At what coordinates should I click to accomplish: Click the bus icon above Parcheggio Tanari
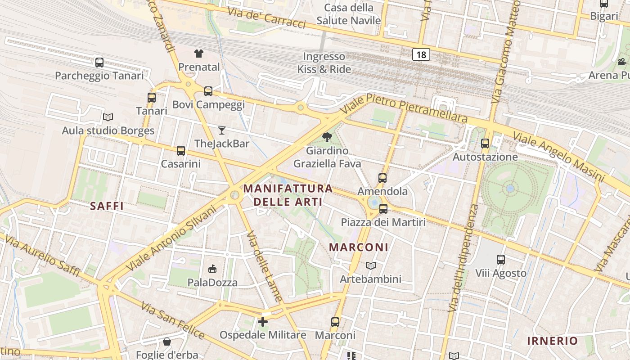(x=99, y=63)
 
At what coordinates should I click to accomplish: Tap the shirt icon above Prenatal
(x=199, y=54)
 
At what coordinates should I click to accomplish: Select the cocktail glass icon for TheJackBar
(x=221, y=130)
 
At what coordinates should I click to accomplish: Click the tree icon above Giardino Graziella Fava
(x=327, y=137)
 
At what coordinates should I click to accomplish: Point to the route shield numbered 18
(x=421, y=54)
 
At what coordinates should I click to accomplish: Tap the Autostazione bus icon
(x=485, y=144)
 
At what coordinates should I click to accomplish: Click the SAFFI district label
(x=107, y=206)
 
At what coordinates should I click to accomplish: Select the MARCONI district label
(x=359, y=247)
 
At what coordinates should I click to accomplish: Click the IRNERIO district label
(x=552, y=341)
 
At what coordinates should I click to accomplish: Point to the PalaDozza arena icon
(x=212, y=269)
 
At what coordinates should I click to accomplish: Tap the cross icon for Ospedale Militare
(x=263, y=322)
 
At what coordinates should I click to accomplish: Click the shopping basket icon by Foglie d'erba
(x=167, y=342)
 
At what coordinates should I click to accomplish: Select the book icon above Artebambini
(x=370, y=266)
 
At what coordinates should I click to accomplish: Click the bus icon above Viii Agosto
(x=501, y=260)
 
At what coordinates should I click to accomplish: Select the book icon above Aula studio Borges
(x=108, y=117)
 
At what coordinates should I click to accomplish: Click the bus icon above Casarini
(x=181, y=151)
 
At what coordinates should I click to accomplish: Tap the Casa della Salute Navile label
(x=349, y=14)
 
